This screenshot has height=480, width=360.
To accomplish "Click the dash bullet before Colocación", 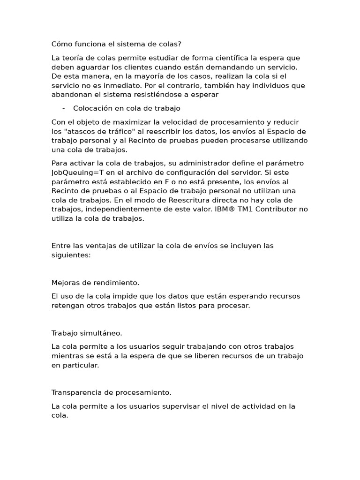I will pyautogui.click(x=63, y=108).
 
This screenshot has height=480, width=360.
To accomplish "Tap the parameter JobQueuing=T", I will pyautogui.click(x=76, y=172).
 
